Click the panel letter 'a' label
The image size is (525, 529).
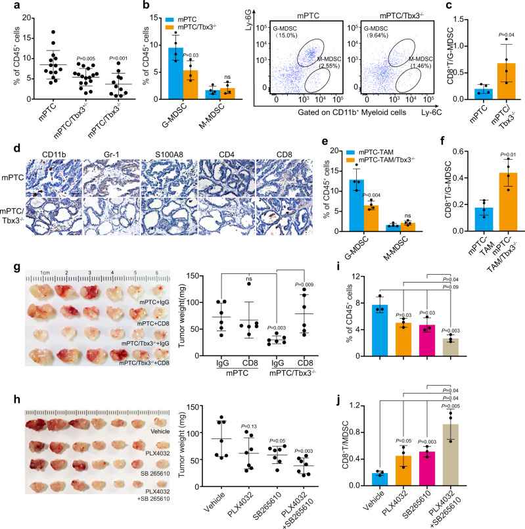(6, 6)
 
